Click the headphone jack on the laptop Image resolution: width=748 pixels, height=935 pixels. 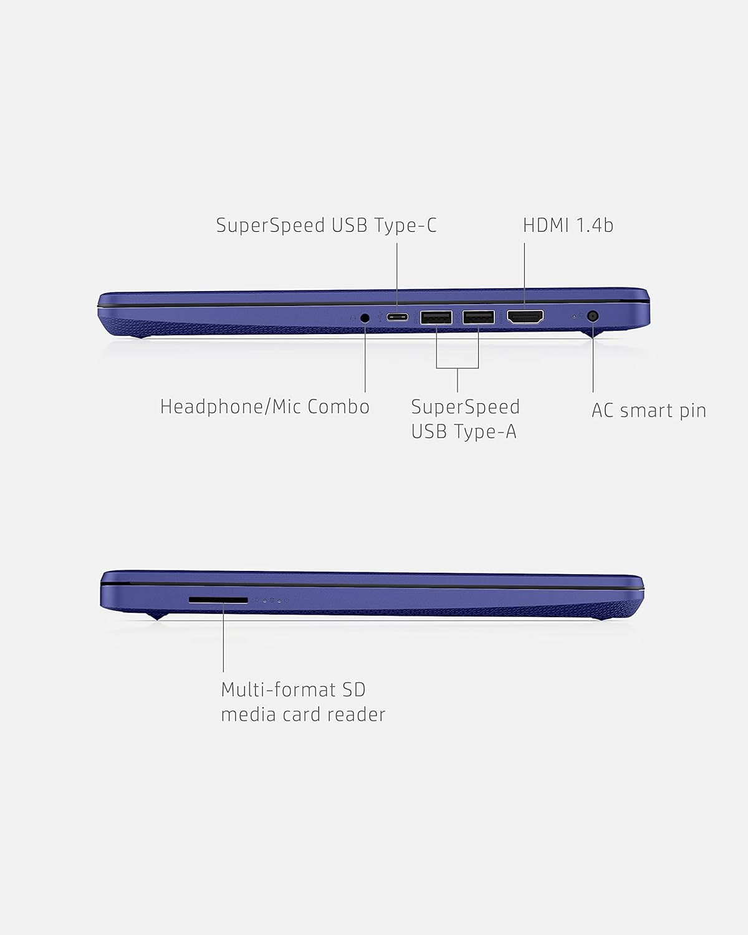click(365, 318)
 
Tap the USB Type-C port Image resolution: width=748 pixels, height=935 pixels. click(397, 317)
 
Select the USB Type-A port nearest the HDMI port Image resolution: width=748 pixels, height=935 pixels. click(479, 317)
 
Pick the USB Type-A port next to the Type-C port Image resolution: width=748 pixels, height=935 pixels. click(436, 318)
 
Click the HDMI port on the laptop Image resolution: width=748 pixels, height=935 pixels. click(525, 317)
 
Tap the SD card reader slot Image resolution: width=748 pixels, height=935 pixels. click(218, 600)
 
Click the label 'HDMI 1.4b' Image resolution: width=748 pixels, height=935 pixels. click(568, 225)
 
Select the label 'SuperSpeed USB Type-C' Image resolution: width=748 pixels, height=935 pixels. click(327, 225)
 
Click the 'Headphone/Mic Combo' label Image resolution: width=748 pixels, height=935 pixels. click(265, 406)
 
